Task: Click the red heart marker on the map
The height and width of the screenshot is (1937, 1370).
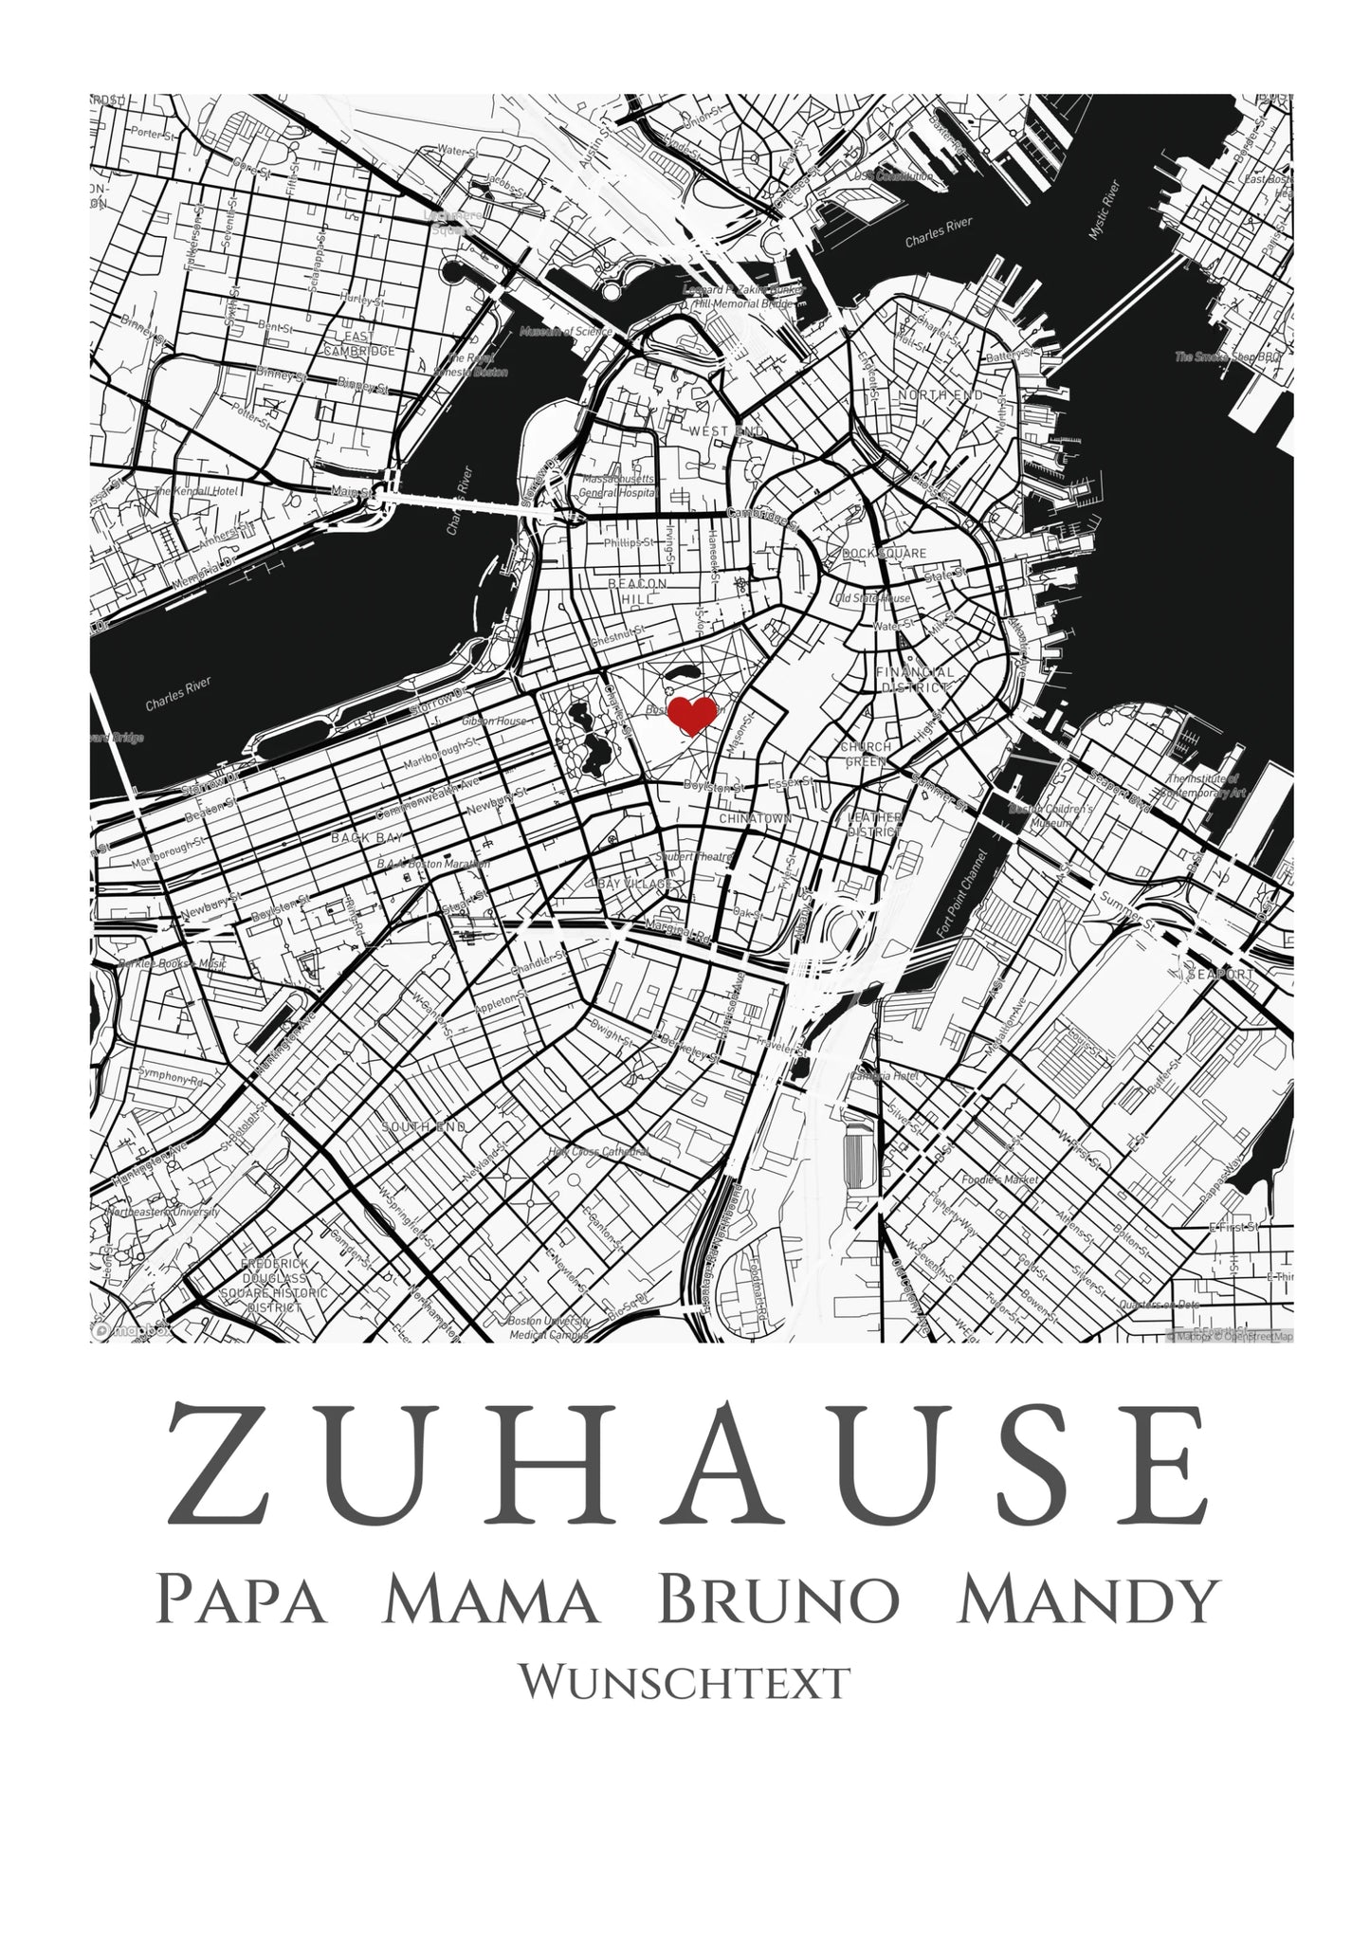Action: (x=693, y=714)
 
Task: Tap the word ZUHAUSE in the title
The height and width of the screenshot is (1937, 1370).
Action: (x=686, y=1476)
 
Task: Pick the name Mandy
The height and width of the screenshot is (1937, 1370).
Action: (x=1087, y=1600)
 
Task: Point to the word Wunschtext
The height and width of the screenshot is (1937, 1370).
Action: (x=684, y=1682)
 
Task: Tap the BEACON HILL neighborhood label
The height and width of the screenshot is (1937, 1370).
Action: (x=638, y=592)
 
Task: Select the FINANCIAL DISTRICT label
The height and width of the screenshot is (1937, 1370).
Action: (x=916, y=679)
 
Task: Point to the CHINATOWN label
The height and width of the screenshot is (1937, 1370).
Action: (x=755, y=817)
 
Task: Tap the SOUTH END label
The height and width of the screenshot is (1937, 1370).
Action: (x=424, y=1127)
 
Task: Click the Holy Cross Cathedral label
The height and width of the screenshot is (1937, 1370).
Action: (x=598, y=1152)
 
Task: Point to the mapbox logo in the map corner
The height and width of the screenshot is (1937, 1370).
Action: (x=133, y=1330)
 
